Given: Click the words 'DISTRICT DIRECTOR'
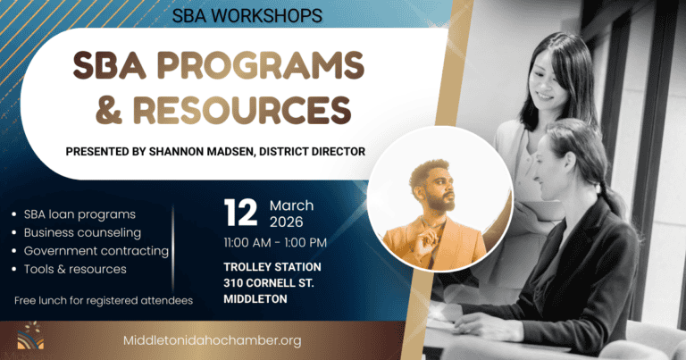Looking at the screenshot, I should [x=314, y=151].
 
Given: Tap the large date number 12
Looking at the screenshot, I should [x=240, y=213].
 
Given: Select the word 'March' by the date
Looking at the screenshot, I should [x=291, y=205].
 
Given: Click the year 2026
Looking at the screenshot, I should [x=287, y=222].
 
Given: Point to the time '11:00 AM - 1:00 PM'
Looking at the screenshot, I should [x=275, y=242].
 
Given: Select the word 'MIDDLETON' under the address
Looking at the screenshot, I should [x=255, y=298].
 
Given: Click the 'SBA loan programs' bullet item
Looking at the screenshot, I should [x=79, y=214].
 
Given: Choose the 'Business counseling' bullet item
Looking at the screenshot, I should [x=82, y=232].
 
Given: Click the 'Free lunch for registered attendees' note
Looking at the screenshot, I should [x=104, y=300].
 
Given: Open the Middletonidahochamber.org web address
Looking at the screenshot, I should [x=211, y=340].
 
